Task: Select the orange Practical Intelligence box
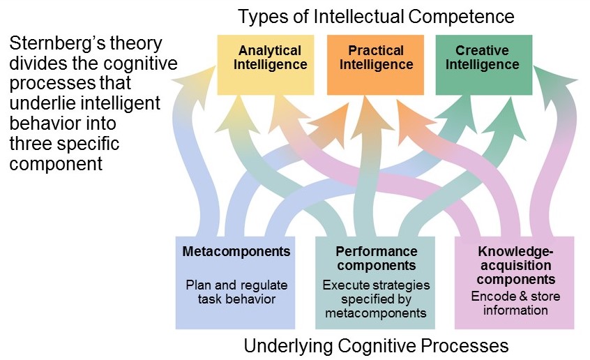(376, 81)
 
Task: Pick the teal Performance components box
(376, 317)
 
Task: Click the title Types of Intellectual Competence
(377, 16)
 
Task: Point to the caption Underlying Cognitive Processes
(376, 345)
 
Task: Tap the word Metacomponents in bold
(236, 250)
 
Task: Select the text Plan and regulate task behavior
(236, 292)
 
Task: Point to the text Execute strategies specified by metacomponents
(376, 299)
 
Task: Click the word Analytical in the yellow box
(270, 51)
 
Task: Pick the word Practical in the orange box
(376, 51)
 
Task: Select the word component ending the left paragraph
(56, 165)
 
